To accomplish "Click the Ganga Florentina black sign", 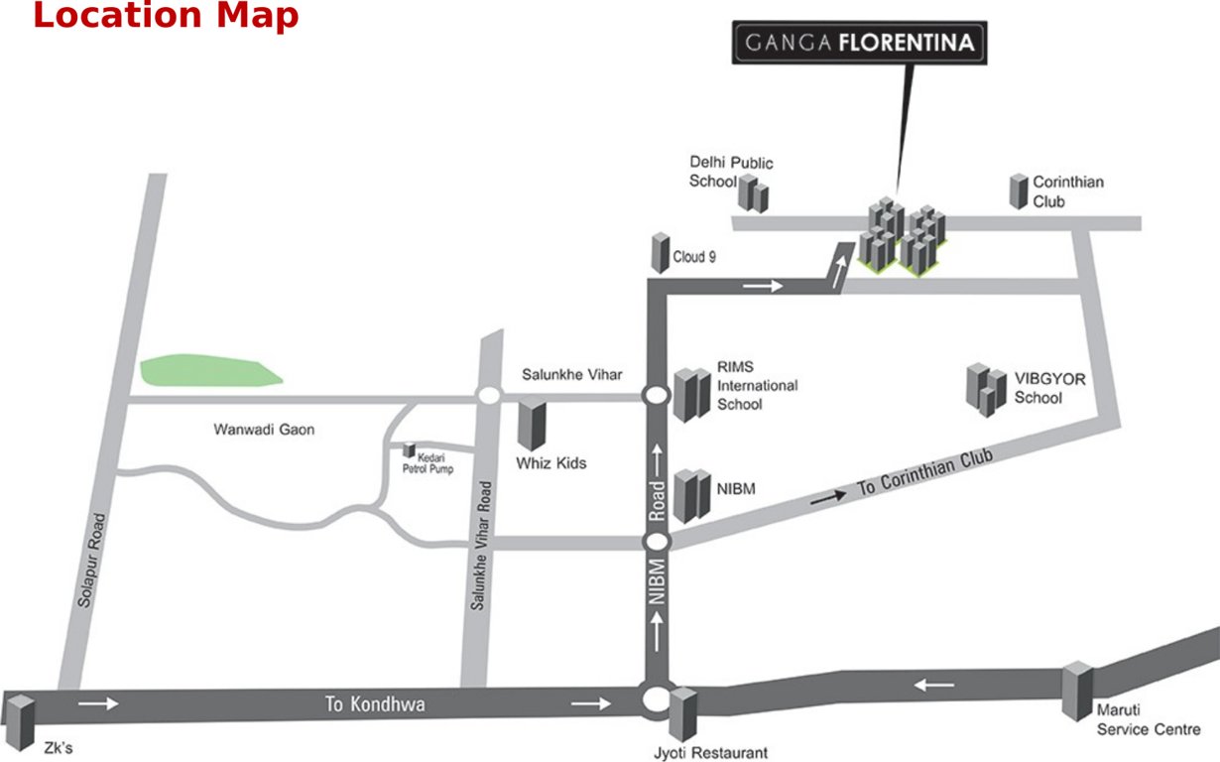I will pos(859,44).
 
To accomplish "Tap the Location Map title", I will pos(166,16).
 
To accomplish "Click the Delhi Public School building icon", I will pos(756,193).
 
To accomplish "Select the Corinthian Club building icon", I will pos(1019,190).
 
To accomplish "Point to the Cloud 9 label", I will pos(694,257).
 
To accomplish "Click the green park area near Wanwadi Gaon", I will pos(208,370).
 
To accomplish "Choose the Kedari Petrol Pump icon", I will pos(409,450).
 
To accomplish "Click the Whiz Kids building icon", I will pos(532,424).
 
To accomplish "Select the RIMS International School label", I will pos(758,385).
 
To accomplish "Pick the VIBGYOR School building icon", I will pos(984,389).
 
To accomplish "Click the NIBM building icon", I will pos(692,495).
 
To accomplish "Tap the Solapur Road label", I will pos(90,561).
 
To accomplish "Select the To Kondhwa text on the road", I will pos(375,704).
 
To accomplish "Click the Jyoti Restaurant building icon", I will pos(682,712).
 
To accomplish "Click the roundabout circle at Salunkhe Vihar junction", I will pos(487,395).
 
